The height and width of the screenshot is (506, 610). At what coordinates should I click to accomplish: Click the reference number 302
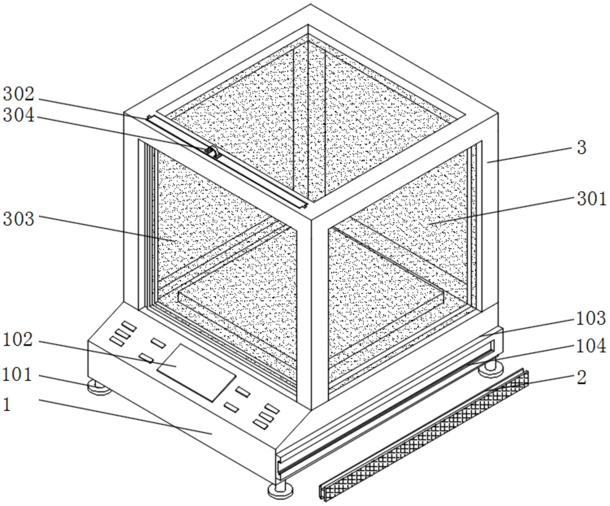tap(19, 94)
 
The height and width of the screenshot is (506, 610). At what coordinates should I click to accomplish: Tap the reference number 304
tap(19, 115)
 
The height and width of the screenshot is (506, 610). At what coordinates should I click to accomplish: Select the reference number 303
tap(19, 219)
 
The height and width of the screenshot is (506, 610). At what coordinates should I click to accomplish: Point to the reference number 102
tap(18, 340)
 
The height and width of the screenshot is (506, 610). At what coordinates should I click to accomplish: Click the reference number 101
tap(17, 374)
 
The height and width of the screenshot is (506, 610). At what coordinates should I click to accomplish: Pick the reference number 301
tap(591, 199)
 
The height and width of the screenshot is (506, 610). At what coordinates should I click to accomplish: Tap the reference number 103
tap(591, 318)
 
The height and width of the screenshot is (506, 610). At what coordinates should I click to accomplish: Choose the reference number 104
tap(591, 346)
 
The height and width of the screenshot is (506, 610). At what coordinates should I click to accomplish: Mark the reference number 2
tap(582, 377)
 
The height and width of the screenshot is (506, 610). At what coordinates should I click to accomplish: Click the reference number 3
tap(582, 148)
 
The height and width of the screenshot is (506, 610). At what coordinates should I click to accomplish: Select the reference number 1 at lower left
tap(7, 404)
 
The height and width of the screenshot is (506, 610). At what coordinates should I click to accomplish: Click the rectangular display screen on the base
tap(196, 372)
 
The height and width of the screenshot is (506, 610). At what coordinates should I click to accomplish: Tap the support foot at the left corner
tap(99, 387)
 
